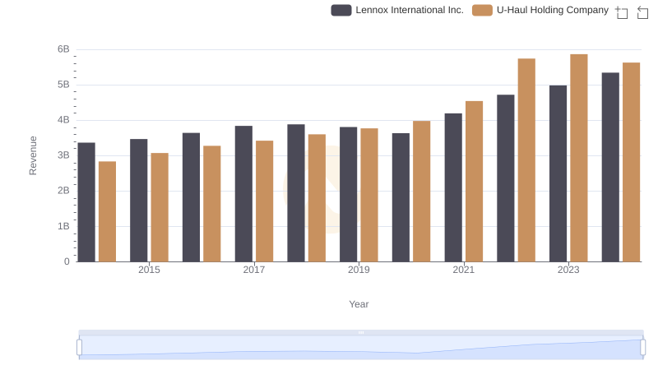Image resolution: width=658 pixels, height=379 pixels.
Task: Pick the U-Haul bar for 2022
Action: (526, 160)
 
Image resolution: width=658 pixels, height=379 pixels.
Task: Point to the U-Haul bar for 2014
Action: (107, 211)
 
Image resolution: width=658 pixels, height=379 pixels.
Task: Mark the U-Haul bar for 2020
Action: (422, 192)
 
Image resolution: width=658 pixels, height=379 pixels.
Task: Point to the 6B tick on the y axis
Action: (63, 49)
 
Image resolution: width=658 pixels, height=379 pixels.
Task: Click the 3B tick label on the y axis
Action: (63, 155)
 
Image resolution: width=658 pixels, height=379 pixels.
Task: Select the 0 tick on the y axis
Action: (67, 261)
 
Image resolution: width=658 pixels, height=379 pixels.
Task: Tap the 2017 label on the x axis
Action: (254, 270)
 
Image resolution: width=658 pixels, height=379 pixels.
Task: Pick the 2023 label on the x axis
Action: (568, 270)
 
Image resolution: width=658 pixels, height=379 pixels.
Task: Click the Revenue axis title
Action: (33, 155)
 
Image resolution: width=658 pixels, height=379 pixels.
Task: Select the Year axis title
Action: (359, 304)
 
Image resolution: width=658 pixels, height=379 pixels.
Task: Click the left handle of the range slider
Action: (80, 347)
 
